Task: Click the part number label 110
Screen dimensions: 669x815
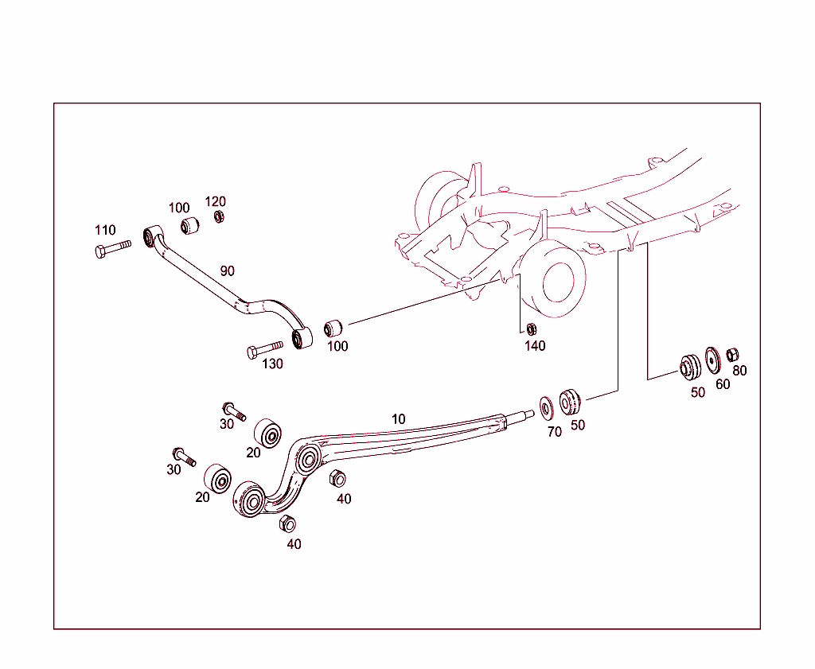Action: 105,231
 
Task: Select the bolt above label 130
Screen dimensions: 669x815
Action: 265,348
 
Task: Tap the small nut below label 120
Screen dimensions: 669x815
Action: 218,216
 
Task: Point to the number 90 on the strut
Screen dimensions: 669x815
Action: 228,270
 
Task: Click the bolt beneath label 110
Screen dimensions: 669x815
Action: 111,250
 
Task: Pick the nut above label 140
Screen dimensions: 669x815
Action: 532,329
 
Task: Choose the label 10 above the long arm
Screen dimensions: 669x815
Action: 398,418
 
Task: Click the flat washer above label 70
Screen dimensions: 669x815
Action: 548,407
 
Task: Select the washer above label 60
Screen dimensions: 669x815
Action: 713,360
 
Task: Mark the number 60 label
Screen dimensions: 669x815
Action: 723,384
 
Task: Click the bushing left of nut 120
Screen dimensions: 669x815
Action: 189,225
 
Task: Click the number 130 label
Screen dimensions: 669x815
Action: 272,364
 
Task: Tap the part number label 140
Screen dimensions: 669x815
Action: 535,346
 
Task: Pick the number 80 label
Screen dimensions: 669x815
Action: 740,371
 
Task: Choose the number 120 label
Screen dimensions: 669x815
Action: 216,201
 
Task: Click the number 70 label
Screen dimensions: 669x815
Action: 554,432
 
